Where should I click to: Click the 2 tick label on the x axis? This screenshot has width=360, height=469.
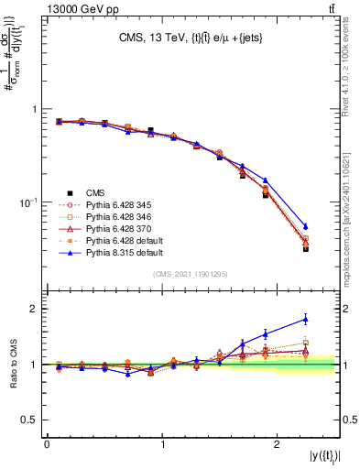coord(278,443)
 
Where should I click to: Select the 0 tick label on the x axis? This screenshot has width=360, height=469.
coord(47,443)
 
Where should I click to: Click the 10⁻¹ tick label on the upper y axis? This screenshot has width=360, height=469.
coord(27,202)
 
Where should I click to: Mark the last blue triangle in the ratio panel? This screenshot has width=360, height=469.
coord(305,319)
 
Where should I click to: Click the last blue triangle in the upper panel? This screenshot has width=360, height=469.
coord(305,225)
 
